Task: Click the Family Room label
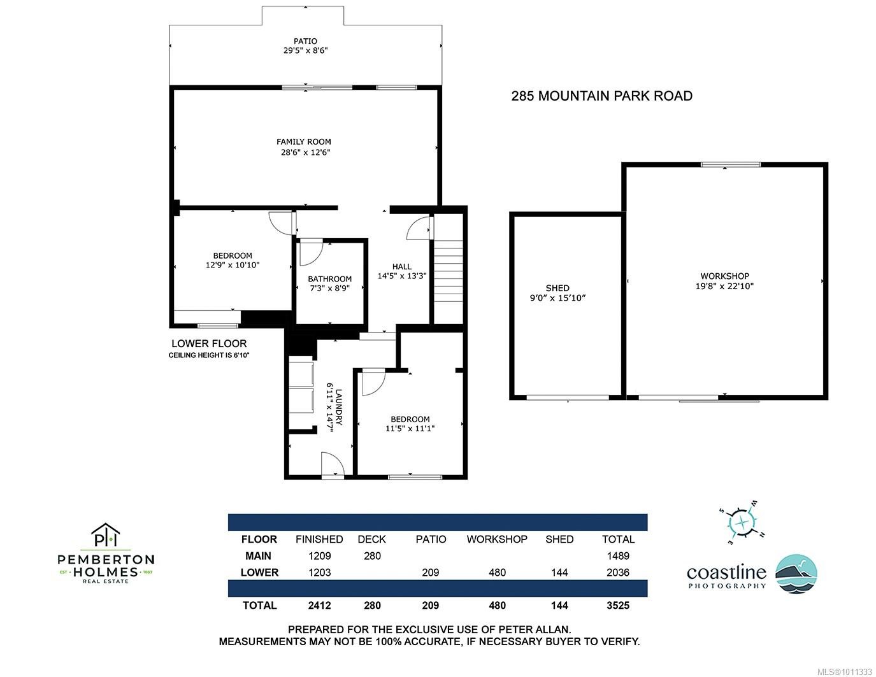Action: pyautogui.click(x=304, y=142)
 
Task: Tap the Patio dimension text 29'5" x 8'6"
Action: pyautogui.click(x=306, y=51)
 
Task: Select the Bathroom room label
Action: pyautogui.click(x=329, y=279)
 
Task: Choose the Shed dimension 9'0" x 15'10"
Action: pyautogui.click(x=557, y=298)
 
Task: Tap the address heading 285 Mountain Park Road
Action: pyautogui.click(x=601, y=96)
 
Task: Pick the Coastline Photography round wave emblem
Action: pyautogui.click(x=796, y=574)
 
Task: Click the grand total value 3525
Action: pyautogui.click(x=617, y=606)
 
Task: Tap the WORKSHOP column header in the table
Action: pyautogui.click(x=497, y=539)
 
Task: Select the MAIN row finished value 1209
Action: pyautogui.click(x=319, y=556)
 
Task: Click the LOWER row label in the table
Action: pyautogui.click(x=259, y=573)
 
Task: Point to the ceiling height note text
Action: pyautogui.click(x=208, y=355)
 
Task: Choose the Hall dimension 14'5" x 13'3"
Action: pyautogui.click(x=401, y=276)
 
